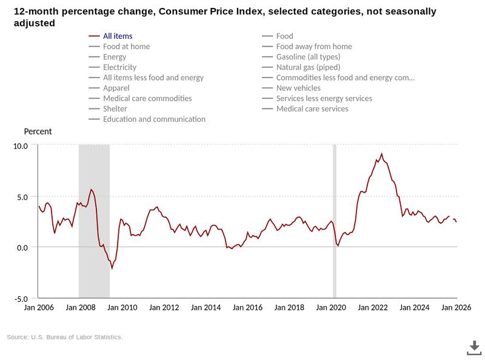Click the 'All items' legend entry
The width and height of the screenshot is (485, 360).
[x=118, y=36]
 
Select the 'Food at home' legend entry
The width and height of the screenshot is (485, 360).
[x=126, y=47]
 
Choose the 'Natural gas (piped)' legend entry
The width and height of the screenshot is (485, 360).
[x=308, y=67]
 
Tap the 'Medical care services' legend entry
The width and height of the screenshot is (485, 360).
[x=312, y=108]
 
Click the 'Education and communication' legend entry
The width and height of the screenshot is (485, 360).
[x=154, y=119]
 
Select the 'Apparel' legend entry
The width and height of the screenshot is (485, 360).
[x=116, y=88]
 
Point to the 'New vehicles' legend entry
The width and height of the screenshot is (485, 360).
[x=298, y=88]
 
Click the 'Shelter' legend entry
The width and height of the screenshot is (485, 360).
[x=115, y=108]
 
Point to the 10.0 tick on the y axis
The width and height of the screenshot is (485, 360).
[x=21, y=146]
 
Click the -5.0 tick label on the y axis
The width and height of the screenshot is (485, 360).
[x=21, y=298]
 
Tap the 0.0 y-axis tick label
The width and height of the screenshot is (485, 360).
[x=22, y=247]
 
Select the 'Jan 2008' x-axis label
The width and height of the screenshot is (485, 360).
[x=80, y=308]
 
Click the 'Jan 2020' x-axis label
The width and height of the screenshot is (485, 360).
[x=330, y=308]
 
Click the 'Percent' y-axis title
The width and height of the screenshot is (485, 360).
[x=38, y=132]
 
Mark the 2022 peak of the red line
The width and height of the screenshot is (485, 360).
[x=381, y=154]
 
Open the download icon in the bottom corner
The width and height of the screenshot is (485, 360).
[x=473, y=347]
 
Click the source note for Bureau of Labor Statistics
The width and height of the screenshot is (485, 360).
[x=65, y=337]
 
